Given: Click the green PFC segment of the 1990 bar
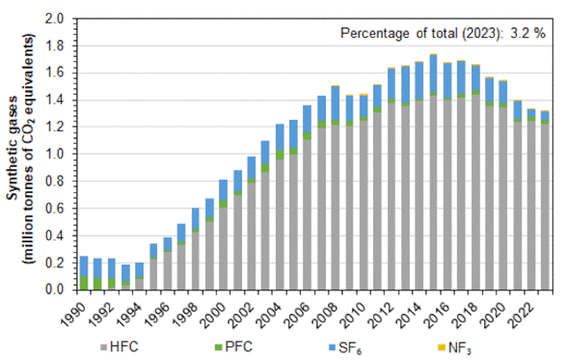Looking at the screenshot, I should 84,282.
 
